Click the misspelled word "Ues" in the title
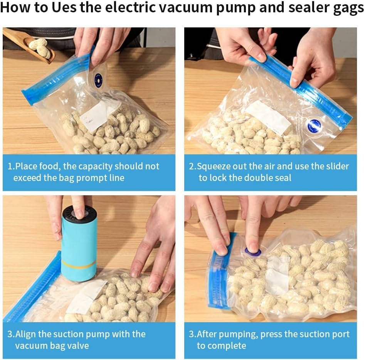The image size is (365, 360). click(64, 7)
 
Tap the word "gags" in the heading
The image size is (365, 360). click(349, 8)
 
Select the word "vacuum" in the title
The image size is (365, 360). click(186, 7)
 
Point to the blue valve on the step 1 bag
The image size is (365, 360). click(98, 81)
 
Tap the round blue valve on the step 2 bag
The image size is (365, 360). click(314, 126)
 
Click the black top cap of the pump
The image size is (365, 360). click(79, 213)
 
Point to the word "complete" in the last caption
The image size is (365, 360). click(221, 346)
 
